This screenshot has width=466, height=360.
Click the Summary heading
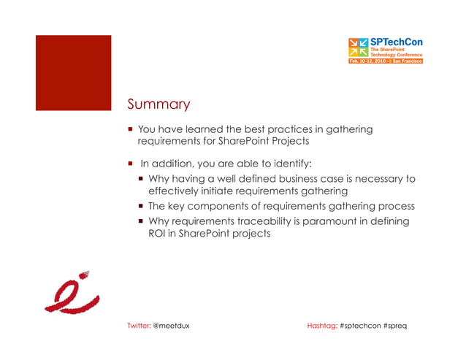pos(158,104)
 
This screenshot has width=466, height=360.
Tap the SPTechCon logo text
pos(398,42)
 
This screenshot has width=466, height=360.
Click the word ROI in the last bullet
pos(157,234)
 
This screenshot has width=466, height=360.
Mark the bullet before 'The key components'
pos(142,206)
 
